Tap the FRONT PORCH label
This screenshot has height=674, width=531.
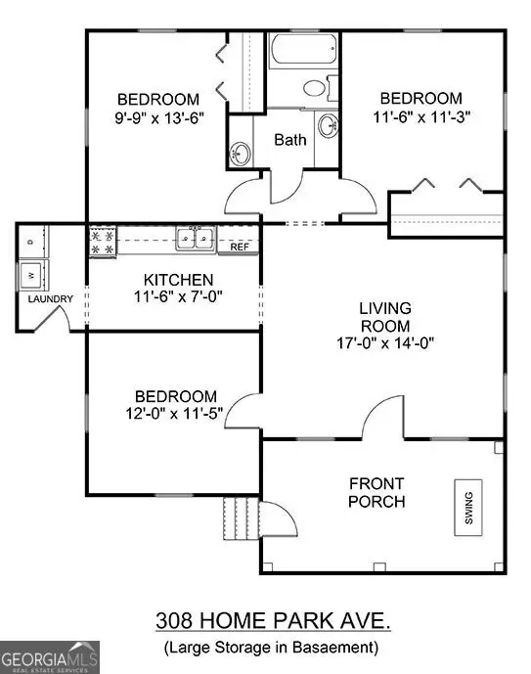tap(378, 493)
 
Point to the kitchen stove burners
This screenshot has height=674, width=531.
tap(102, 242)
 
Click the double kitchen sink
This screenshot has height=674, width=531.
tap(197, 238)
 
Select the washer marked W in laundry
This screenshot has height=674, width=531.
tap(31, 273)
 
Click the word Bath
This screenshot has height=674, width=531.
tap(289, 140)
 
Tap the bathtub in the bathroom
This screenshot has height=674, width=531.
tap(302, 50)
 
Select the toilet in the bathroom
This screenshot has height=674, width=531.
tap(316, 88)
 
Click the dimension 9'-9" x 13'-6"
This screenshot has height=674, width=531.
tap(158, 116)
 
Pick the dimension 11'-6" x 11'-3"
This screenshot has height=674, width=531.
tap(420, 115)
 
